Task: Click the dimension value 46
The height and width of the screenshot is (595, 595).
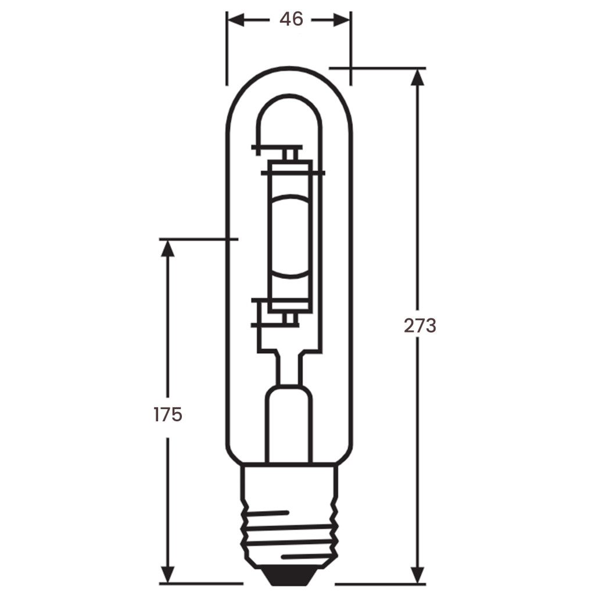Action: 291,19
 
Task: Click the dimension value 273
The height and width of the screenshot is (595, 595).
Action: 420,325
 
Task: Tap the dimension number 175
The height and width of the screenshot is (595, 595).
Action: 168,414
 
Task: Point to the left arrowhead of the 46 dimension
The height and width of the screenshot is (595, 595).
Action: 236,20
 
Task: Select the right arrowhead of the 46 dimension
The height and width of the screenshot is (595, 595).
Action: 341,20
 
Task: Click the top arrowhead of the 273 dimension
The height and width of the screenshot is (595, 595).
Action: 418,77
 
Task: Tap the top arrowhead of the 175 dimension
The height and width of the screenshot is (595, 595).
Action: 167,248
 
